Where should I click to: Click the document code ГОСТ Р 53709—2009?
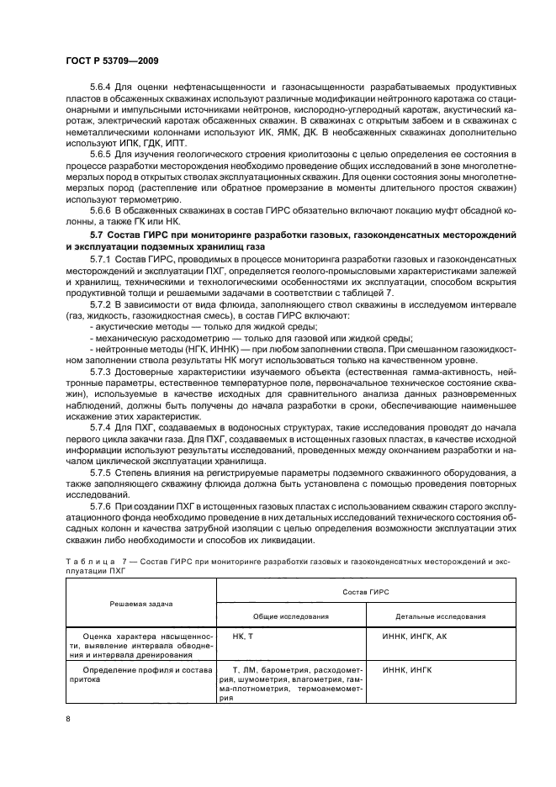point(113,61)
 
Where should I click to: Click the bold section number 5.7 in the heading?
point(98,231)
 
